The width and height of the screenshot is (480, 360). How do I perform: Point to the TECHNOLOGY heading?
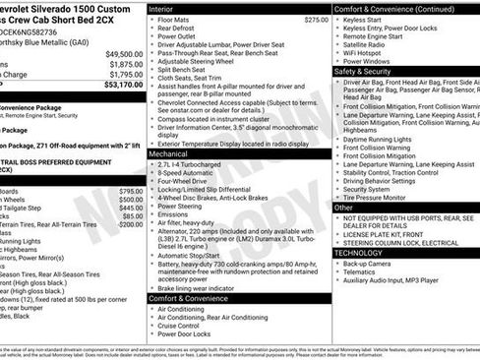(360, 253)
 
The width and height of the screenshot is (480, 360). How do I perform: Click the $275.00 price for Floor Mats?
(316, 20)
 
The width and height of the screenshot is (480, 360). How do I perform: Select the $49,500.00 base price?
(125, 54)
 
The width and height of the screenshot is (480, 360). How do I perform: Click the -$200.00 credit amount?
(129, 223)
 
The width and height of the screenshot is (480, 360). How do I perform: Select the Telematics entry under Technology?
(361, 273)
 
